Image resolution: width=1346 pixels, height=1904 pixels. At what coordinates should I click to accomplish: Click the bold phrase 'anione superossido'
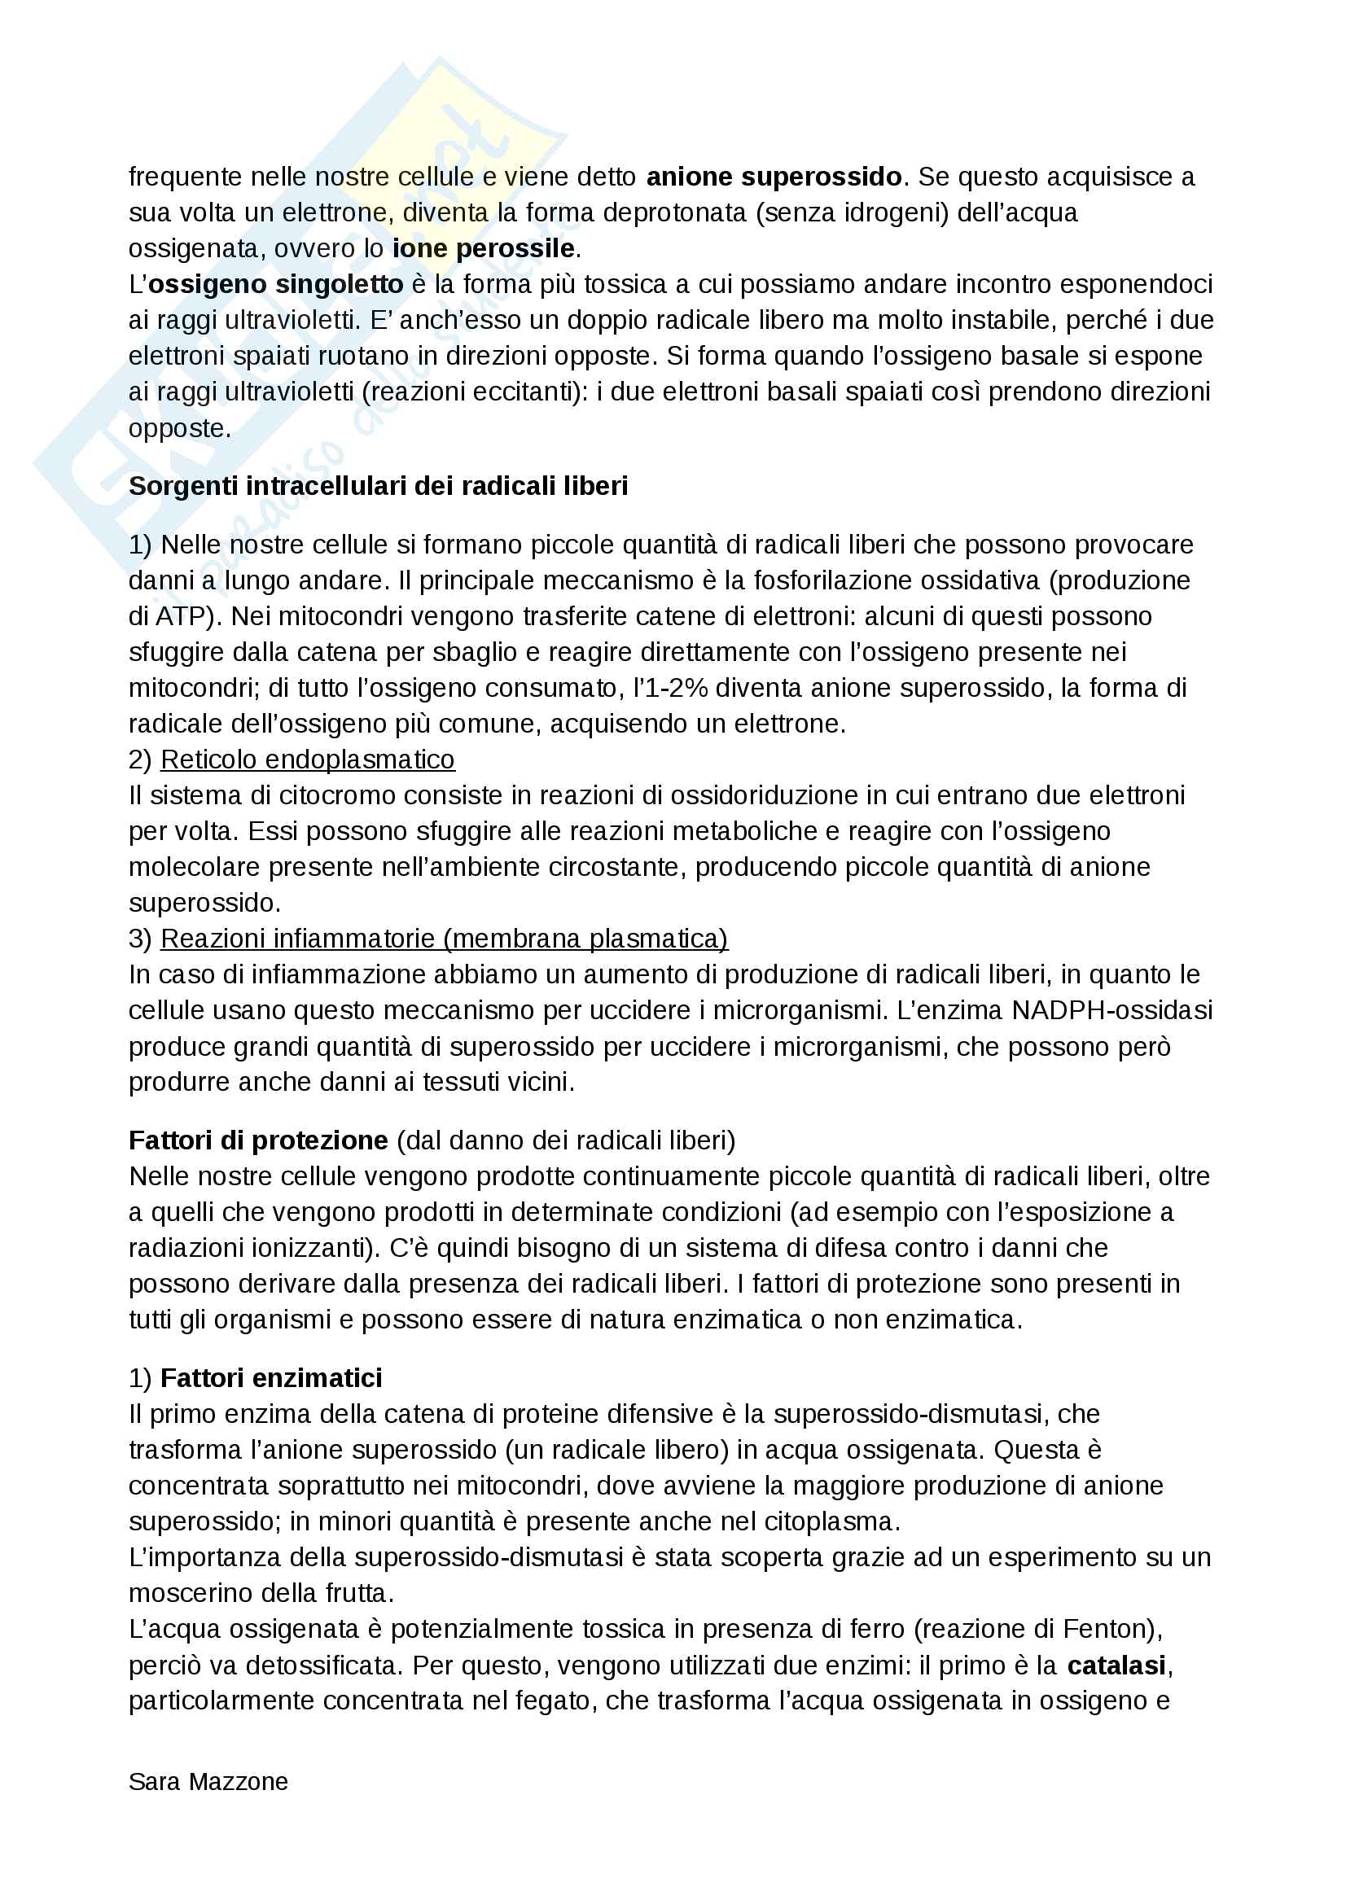(x=774, y=177)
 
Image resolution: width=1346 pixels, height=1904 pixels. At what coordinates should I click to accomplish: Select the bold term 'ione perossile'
(x=484, y=248)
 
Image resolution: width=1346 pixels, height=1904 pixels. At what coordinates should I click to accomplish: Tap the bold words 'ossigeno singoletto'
(x=276, y=284)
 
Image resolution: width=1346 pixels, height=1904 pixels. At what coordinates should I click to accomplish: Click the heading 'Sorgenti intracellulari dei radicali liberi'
(x=378, y=486)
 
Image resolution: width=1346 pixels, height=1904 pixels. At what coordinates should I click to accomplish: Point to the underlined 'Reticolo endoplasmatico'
(x=308, y=759)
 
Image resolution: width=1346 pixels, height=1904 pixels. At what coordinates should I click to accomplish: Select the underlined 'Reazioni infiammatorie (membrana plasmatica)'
(x=445, y=939)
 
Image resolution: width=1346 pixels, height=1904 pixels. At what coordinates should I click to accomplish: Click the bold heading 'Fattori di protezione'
(x=258, y=1141)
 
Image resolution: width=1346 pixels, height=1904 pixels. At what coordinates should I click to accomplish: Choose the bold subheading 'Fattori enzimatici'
(x=271, y=1378)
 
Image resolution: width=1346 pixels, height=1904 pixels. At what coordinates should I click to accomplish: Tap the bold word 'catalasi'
(x=1116, y=1665)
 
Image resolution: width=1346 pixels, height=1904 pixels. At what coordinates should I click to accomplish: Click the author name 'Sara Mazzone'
(x=208, y=1782)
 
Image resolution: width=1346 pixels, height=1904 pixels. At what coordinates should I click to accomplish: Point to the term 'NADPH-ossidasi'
(x=1112, y=1010)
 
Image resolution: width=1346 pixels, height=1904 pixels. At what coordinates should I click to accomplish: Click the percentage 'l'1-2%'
(x=671, y=689)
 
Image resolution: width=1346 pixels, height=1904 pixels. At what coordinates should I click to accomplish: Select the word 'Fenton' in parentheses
(x=1107, y=1630)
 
